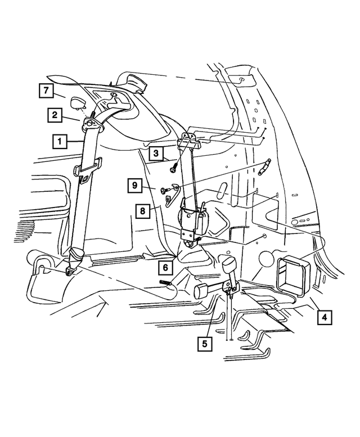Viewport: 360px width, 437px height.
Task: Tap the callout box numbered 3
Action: [157, 152]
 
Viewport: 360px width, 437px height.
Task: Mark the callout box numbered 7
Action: [46, 91]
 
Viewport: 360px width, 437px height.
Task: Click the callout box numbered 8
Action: [143, 212]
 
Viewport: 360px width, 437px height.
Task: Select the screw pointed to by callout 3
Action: [175, 168]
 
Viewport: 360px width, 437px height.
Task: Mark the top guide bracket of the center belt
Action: [188, 141]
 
